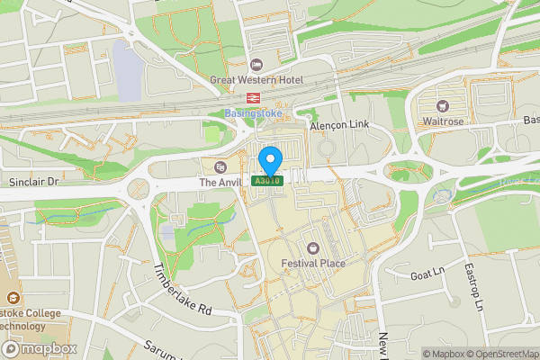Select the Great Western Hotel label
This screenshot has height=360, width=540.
[256, 79]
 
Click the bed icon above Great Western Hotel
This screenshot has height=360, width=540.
[256, 64]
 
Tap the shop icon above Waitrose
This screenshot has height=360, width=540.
[442, 105]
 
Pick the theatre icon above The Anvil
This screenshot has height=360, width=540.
[220, 166]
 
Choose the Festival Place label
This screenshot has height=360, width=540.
[313, 263]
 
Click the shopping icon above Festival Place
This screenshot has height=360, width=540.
[313, 247]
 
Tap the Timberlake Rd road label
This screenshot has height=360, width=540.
[182, 290]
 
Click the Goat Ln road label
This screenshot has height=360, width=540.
[427, 273]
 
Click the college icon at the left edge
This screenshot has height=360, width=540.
[13, 297]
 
